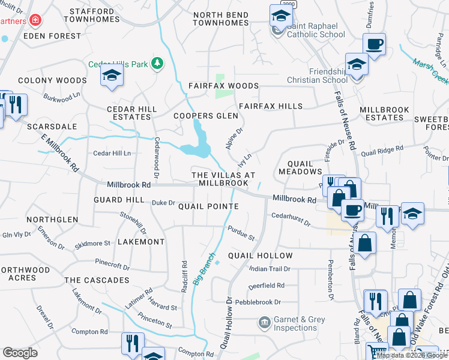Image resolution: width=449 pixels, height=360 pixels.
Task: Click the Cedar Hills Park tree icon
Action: pyautogui.click(x=157, y=62)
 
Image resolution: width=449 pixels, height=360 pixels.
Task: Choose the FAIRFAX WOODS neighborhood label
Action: pyautogui.click(x=223, y=86)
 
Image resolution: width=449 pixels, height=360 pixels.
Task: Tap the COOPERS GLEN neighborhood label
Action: pyautogui.click(x=202, y=116)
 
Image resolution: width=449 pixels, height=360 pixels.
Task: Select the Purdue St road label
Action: pyautogui.click(x=241, y=233)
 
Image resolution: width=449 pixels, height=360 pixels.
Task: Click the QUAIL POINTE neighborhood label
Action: pyautogui.click(x=208, y=206)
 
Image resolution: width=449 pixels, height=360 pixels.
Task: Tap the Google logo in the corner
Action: pyautogui.click(x=20, y=353)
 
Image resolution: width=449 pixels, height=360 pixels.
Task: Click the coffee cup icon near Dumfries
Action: pyautogui.click(x=375, y=44)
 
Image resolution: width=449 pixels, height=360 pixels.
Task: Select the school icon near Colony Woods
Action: pyautogui.click(x=112, y=76)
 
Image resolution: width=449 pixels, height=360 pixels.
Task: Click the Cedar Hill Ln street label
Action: pyautogui.click(x=112, y=154)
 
